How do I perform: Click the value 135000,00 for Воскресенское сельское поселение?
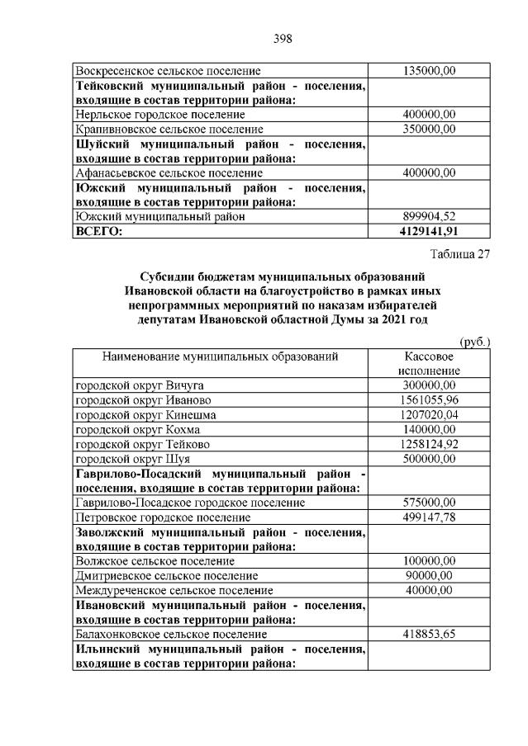point(429,72)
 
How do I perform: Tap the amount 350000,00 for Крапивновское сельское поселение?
point(429,130)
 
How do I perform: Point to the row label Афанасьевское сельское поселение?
point(169,173)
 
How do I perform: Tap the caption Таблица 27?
point(459,254)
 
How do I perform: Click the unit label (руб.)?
point(474,342)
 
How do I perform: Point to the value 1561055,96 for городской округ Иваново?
point(429,400)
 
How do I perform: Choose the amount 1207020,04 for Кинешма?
point(429,415)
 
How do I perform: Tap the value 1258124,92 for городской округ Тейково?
point(429,444)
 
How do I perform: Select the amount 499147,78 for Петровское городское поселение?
point(429,517)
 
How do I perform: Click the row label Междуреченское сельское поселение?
point(174,591)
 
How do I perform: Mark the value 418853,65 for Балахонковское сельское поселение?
point(429,635)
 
